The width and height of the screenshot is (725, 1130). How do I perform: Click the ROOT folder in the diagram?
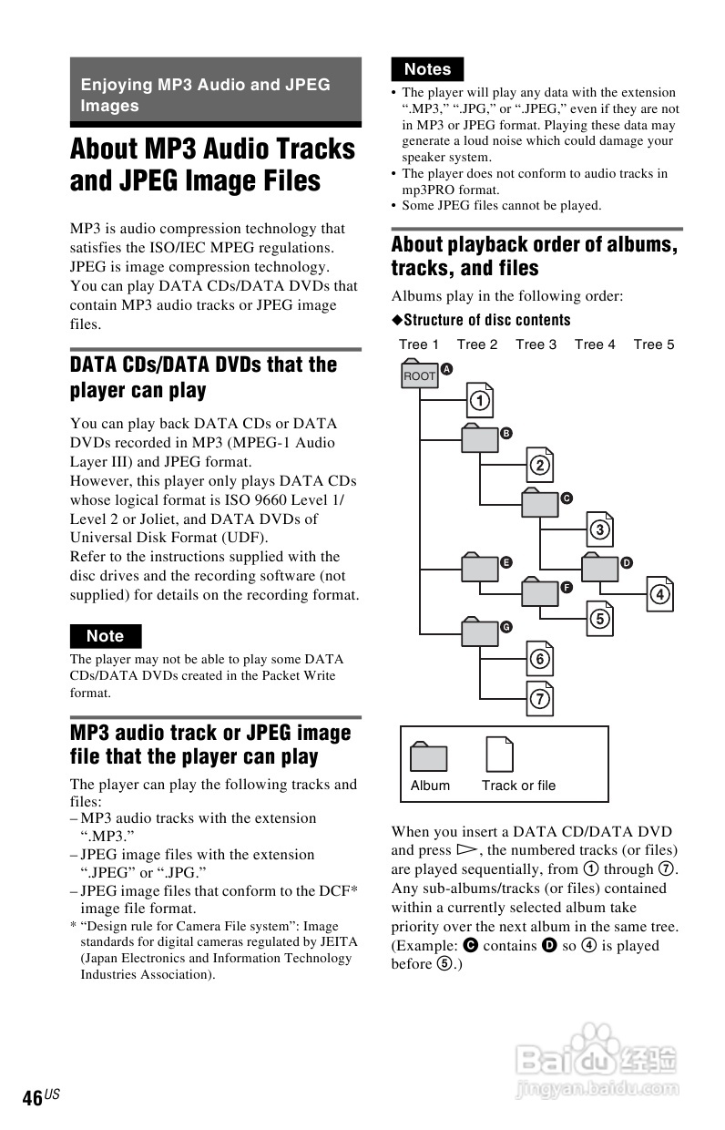tap(419, 375)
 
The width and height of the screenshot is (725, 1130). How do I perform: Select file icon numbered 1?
tap(480, 399)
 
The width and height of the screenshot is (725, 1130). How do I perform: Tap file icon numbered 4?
tap(659, 594)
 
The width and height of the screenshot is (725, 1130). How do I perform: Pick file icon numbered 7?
tap(540, 698)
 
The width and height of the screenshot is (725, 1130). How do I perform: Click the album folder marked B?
tap(480, 439)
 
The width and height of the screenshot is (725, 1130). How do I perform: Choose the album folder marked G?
tap(480, 632)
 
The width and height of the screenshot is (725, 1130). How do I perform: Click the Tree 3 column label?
tap(536, 344)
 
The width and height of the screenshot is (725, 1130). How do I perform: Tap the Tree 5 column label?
tap(654, 344)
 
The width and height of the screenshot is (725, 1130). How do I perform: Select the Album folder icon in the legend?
tap(429, 757)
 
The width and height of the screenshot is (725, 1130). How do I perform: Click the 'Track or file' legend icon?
tap(499, 755)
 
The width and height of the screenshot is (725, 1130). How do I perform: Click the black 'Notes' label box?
tap(427, 69)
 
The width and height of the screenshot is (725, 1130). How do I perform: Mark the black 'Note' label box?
tap(106, 636)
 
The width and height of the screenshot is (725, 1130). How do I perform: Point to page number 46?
tap(33, 1098)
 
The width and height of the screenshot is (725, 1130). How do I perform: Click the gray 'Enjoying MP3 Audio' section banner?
tap(216, 95)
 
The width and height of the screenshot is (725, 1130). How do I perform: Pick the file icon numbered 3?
tap(599, 529)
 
